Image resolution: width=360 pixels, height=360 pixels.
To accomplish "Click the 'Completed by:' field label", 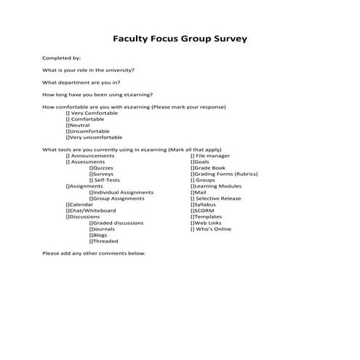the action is point(62,57).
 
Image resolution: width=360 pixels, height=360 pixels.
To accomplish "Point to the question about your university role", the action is point(88,70).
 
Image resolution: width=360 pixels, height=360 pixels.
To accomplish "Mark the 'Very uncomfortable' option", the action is point(95,137).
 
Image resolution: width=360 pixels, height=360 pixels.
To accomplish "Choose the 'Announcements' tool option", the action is point(90,156).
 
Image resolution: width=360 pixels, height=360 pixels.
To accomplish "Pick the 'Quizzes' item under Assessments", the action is point(101,168).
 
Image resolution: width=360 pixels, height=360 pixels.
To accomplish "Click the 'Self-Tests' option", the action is point(103,180).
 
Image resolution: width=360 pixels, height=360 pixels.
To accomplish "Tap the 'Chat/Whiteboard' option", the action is point(91,211).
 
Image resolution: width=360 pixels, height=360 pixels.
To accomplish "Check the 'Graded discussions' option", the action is point(116,223).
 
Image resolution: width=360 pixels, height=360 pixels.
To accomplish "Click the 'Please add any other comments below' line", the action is point(94,254).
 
